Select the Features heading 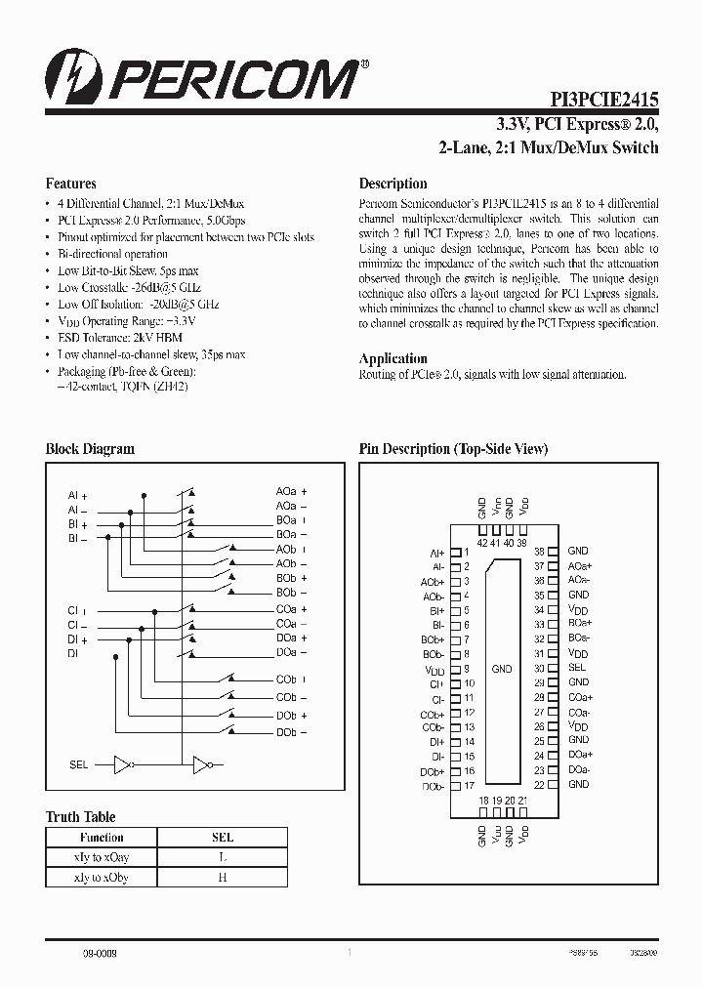coord(70,184)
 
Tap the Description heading coord(393,184)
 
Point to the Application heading coord(393,358)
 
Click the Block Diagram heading coord(90,449)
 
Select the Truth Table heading coord(80,817)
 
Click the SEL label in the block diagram coord(79,764)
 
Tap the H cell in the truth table coord(223,878)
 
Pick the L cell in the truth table coord(223,857)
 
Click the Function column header coord(102,837)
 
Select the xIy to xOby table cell coord(102,878)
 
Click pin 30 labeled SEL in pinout coord(577,668)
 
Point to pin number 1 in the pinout coord(467,553)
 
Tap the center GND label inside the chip coord(502,669)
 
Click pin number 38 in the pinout coord(539,552)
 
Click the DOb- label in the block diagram coord(291,732)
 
